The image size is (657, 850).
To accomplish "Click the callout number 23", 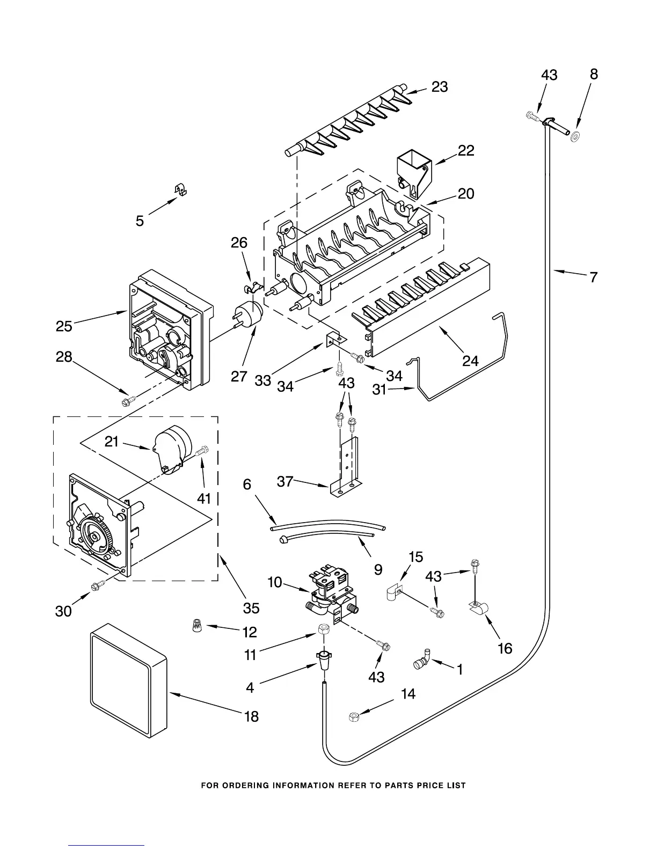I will tap(440, 87).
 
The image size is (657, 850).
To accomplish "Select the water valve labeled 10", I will tap(330, 595).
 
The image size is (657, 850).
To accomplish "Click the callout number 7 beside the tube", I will tap(593, 277).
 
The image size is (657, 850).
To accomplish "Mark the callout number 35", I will tap(251, 607).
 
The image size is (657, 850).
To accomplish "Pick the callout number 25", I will tap(64, 326).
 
